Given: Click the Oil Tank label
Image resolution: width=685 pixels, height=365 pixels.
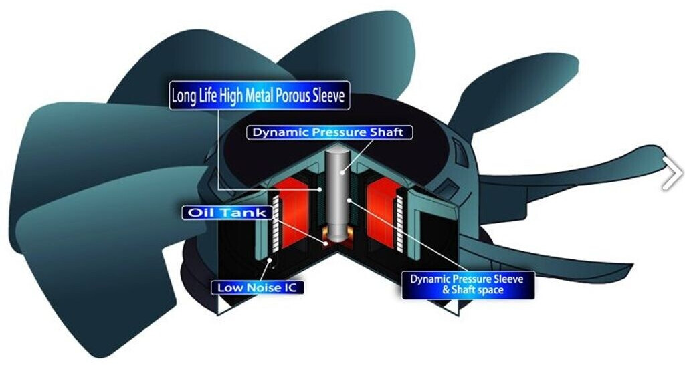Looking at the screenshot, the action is click(227, 213).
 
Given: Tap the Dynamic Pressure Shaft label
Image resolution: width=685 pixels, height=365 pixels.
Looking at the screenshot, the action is click(328, 132).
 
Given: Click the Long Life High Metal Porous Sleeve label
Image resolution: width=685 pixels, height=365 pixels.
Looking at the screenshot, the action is click(259, 96).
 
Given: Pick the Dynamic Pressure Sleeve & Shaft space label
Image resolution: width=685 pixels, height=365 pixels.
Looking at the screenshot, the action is click(467, 283).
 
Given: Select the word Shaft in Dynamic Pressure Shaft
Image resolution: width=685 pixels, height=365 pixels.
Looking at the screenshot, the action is click(386, 132).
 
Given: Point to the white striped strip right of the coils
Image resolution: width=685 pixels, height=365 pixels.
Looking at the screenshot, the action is click(401, 224).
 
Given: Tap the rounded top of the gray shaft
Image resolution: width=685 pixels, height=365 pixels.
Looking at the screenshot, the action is click(338, 154).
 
